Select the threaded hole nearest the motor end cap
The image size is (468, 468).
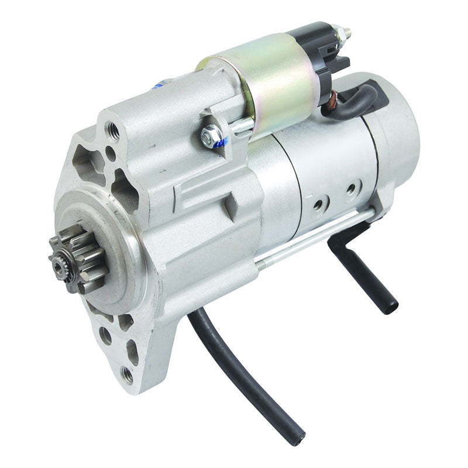pos(351,189)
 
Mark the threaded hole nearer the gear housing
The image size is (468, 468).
pos(318,204)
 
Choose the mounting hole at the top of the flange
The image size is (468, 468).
pos(113,132)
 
